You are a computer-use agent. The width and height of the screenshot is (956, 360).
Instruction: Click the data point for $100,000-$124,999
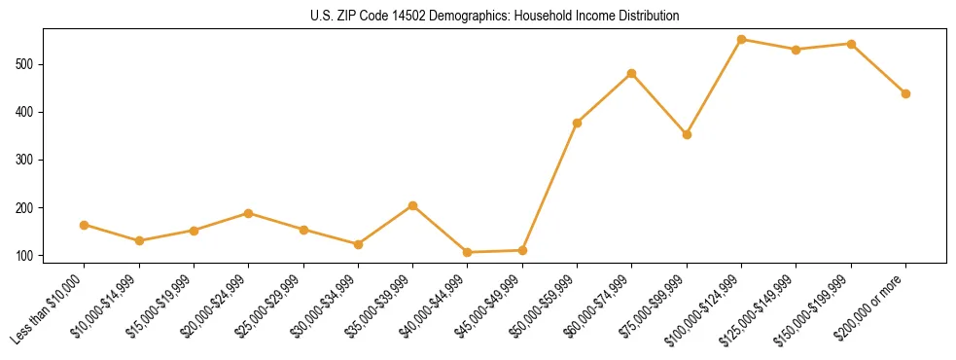(741, 40)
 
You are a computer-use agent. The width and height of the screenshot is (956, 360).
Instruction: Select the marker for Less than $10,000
(85, 225)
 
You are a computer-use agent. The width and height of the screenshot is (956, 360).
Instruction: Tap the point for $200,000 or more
(905, 93)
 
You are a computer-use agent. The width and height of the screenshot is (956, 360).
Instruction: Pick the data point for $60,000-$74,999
(632, 74)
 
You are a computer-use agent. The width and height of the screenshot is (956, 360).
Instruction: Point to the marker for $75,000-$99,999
(687, 134)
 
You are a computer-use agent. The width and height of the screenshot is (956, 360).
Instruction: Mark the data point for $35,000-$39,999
(413, 205)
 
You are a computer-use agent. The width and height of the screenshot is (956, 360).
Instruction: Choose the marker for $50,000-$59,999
(577, 123)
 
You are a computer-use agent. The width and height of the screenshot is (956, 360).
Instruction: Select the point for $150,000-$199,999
(851, 44)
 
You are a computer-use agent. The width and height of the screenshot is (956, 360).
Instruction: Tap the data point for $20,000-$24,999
(249, 213)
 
